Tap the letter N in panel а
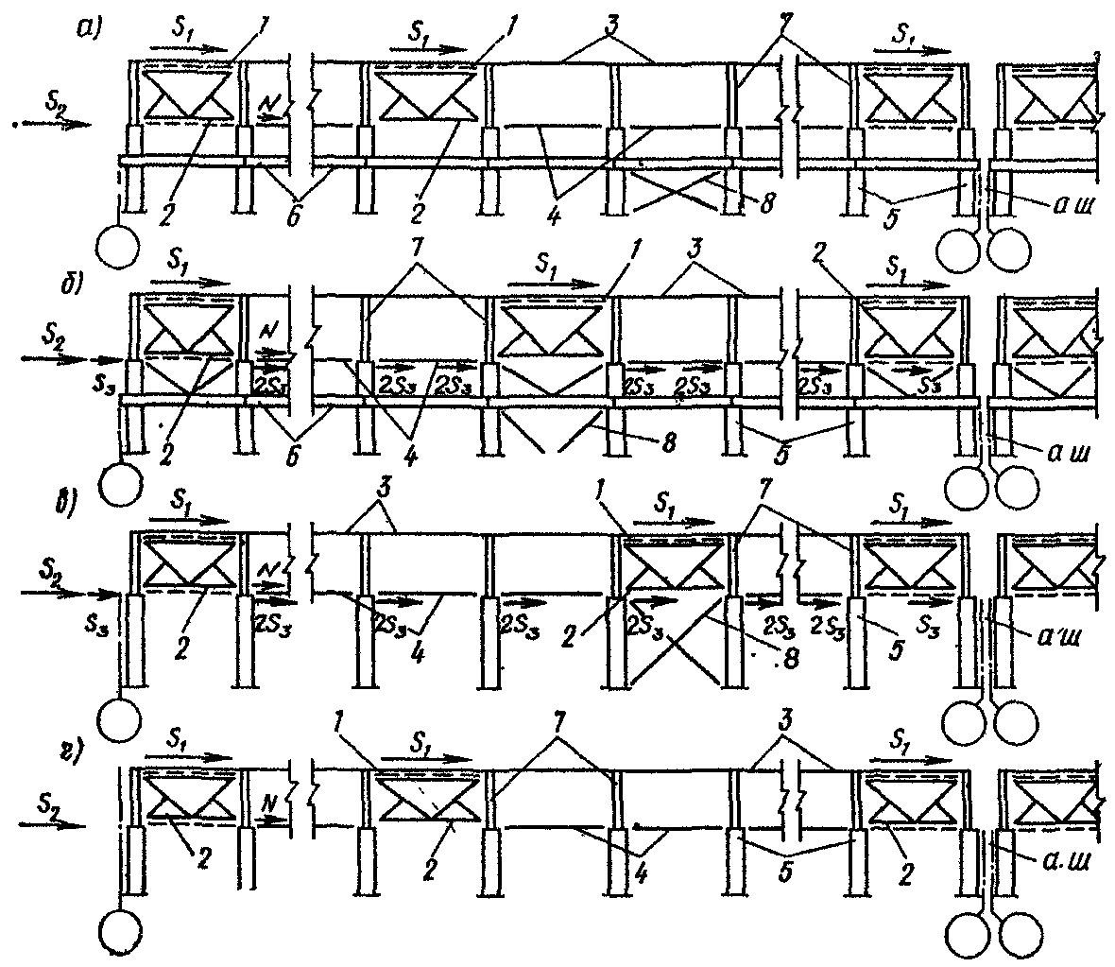coord(269,101)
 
